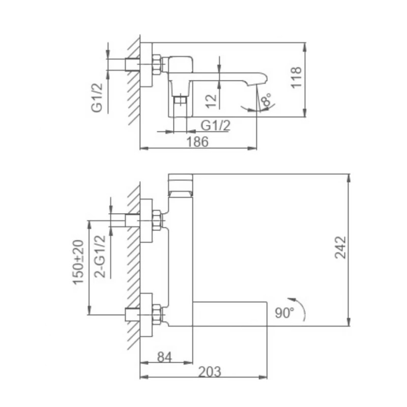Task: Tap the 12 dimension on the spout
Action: click(x=212, y=99)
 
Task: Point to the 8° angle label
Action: click(x=265, y=101)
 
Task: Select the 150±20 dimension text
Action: click(x=78, y=262)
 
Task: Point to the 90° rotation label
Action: click(x=285, y=312)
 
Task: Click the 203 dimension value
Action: click(x=209, y=371)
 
